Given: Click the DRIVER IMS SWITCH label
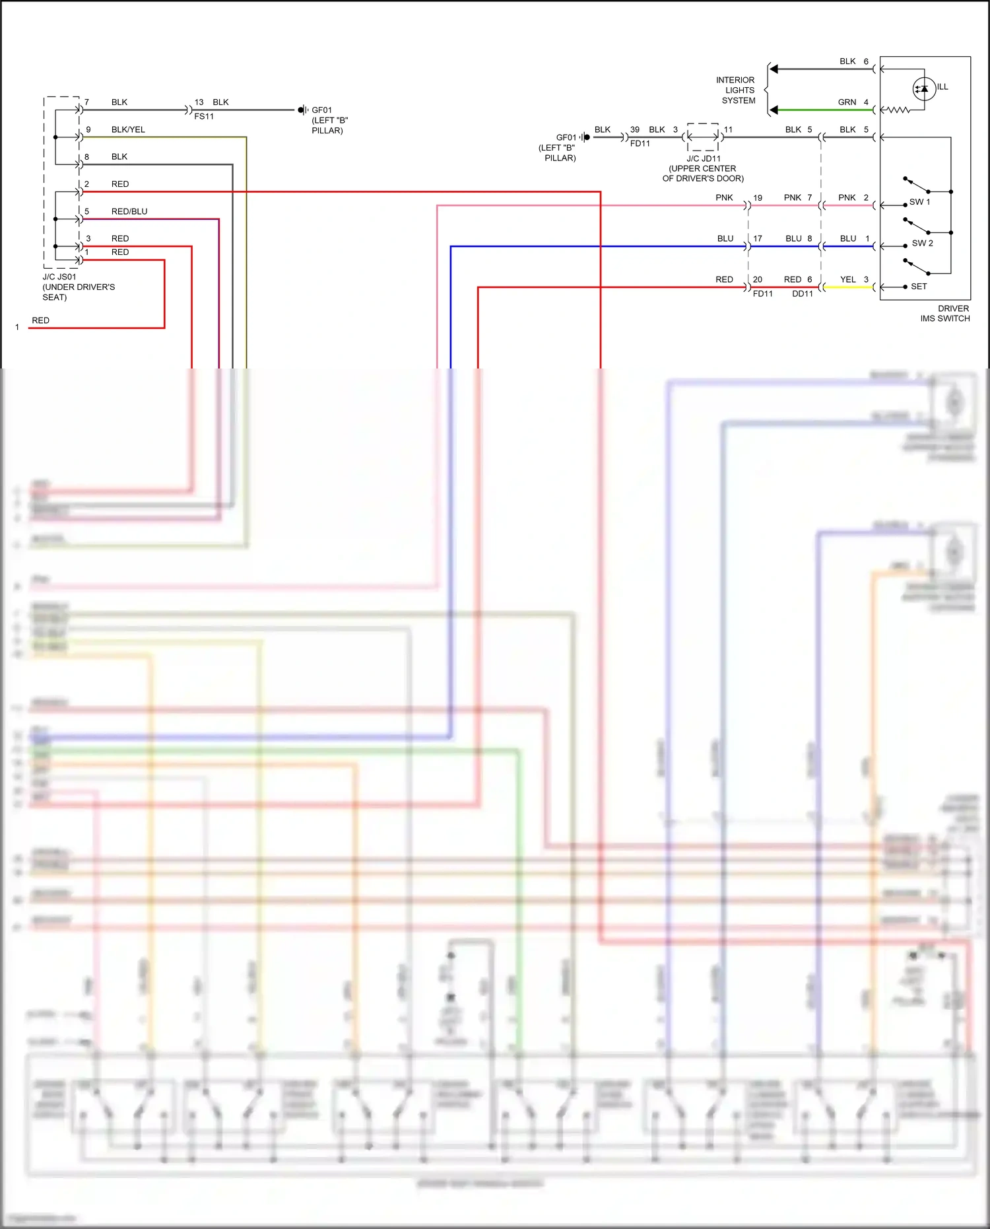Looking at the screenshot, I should click(945, 313).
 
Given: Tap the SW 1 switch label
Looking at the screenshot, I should click(919, 202).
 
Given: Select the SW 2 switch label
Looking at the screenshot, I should click(922, 243).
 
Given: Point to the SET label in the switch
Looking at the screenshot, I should click(919, 287).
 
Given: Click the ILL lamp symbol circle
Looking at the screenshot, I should click(924, 88).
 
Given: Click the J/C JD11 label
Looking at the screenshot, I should click(704, 158).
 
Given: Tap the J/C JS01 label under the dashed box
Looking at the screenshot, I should click(59, 277).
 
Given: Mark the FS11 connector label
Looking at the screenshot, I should click(204, 116).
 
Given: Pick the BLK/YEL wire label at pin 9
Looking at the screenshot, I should click(128, 129).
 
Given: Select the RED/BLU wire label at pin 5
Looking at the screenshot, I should click(129, 211).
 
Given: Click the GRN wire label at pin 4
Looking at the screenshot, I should click(847, 102).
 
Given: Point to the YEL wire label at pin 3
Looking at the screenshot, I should click(848, 279).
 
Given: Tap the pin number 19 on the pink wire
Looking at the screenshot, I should click(758, 197).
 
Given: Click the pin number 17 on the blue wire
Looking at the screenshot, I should click(758, 238).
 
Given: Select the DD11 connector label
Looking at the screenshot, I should click(803, 294).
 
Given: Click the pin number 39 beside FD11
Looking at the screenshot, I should click(635, 129).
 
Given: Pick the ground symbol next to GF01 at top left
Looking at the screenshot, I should click(302, 110).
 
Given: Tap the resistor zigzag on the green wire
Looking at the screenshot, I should click(897, 110).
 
